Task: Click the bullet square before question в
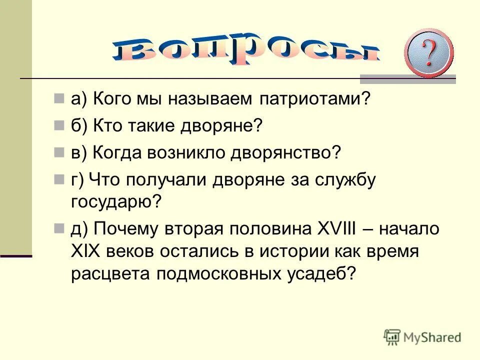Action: [x=59, y=151]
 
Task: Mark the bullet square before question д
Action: [x=59, y=228]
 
